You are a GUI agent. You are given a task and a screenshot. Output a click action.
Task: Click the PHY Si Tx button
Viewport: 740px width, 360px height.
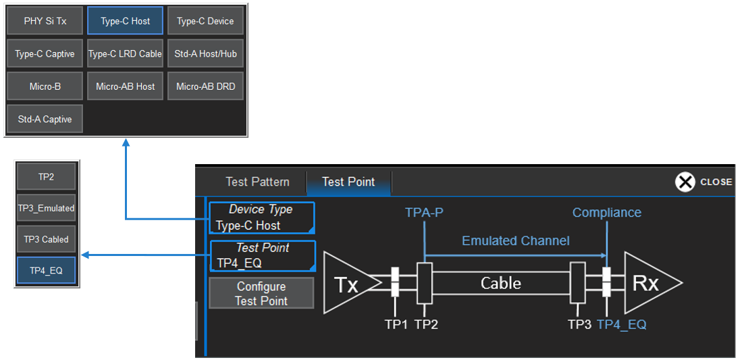pyautogui.click(x=45, y=21)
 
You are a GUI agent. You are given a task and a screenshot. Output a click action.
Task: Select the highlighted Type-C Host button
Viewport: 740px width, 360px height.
pyautogui.click(x=125, y=21)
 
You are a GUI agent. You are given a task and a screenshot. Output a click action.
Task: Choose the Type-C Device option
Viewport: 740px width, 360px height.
pyautogui.click(x=205, y=21)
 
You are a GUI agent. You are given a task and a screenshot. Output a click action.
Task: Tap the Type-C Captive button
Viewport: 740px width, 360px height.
pyautogui.click(x=45, y=54)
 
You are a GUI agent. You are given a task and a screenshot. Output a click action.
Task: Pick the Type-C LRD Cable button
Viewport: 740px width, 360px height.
pyautogui.click(x=125, y=54)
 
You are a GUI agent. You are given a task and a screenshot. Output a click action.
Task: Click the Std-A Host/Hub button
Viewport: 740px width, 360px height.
pyautogui.click(x=205, y=54)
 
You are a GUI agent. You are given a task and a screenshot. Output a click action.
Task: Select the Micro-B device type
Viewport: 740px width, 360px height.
pyautogui.click(x=45, y=86)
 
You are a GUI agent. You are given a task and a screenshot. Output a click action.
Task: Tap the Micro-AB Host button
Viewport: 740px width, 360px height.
pyautogui.click(x=125, y=86)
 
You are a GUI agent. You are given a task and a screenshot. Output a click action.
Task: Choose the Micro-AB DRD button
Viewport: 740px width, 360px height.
pyautogui.click(x=205, y=86)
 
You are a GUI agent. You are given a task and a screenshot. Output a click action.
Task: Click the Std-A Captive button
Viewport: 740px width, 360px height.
pyautogui.click(x=45, y=120)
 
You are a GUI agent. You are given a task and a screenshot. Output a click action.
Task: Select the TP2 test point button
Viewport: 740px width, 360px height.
pyautogui.click(x=47, y=177)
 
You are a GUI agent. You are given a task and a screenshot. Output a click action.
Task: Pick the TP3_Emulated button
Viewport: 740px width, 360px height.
pyautogui.click(x=47, y=208)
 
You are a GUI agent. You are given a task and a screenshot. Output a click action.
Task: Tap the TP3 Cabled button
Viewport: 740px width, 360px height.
pyautogui.click(x=47, y=239)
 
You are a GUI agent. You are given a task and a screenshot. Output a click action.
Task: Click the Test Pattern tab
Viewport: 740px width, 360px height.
pyautogui.click(x=257, y=182)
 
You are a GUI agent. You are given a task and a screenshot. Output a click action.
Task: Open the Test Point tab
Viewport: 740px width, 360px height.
pyautogui.click(x=348, y=182)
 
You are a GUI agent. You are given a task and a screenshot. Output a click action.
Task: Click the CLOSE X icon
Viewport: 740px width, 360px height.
pyautogui.click(x=685, y=182)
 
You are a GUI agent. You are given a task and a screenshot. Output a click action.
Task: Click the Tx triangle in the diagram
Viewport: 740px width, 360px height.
pyautogui.click(x=346, y=284)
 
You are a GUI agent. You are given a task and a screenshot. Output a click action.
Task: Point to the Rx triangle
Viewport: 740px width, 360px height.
pyautogui.click(x=647, y=284)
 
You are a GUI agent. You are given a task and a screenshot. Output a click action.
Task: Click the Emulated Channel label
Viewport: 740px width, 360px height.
pyautogui.click(x=515, y=241)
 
